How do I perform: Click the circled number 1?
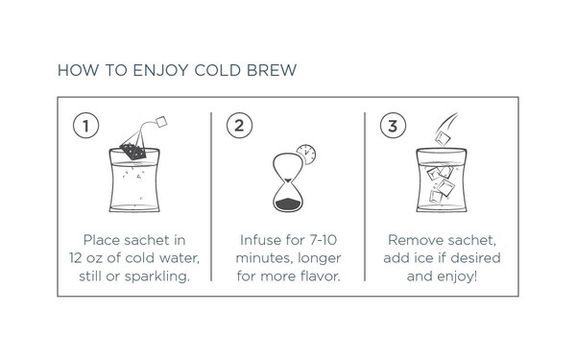[86, 125]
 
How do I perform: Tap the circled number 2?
[239, 125]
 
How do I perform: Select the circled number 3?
[393, 125]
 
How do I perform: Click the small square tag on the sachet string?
[161, 122]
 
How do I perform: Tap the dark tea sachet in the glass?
[133, 151]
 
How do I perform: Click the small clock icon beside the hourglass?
[306, 155]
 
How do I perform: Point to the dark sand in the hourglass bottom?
[288, 204]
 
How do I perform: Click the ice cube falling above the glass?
[443, 138]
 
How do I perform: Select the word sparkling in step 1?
[156, 276]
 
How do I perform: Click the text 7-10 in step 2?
[323, 240]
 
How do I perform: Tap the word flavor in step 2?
[320, 276]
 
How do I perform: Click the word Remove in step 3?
[413, 240]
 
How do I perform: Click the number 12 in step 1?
[75, 258]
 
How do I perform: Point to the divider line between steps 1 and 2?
[211, 197]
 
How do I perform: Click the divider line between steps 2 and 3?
[365, 197]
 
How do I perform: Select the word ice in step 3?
[424, 258]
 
